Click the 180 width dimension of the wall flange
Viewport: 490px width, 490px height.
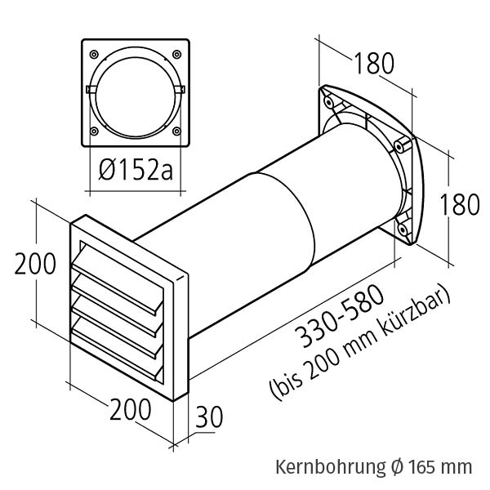[x=373, y=63]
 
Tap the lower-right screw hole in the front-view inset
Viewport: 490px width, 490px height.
[x=177, y=130]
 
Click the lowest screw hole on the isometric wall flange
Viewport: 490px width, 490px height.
[x=403, y=232]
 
